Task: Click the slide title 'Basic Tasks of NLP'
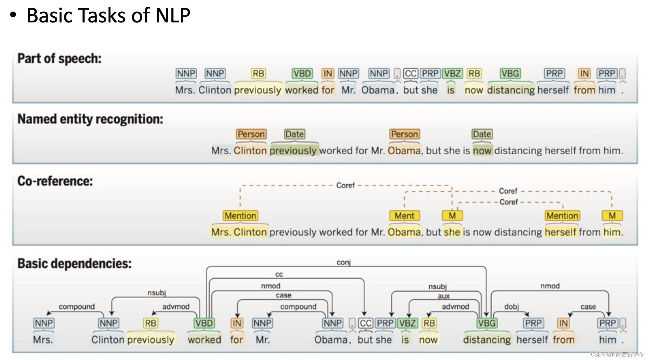pyautogui.click(x=108, y=15)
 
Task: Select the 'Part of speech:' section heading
pyautogui.click(x=59, y=59)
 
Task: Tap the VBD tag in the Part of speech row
pyautogui.click(x=302, y=73)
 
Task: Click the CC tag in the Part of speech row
pyautogui.click(x=411, y=73)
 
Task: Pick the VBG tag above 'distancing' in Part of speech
pyautogui.click(x=510, y=73)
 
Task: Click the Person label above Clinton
pyautogui.click(x=251, y=134)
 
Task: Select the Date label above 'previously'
pyautogui.click(x=294, y=134)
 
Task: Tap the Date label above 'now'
pyautogui.click(x=482, y=134)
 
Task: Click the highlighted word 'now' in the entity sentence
pyautogui.click(x=482, y=151)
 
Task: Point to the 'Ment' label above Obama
pyautogui.click(x=404, y=216)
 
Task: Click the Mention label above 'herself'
pyautogui.click(x=562, y=216)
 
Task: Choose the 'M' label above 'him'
pyautogui.click(x=612, y=216)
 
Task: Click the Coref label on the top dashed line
pyautogui.click(x=345, y=186)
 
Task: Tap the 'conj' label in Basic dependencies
pyautogui.click(x=344, y=262)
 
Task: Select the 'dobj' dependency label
pyautogui.click(x=512, y=307)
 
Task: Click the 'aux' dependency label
pyautogui.click(x=443, y=296)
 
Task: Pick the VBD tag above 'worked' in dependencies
pyautogui.click(x=204, y=323)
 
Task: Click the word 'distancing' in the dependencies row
pyautogui.click(x=487, y=340)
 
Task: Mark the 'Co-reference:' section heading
pyautogui.click(x=55, y=181)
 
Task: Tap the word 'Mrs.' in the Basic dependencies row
pyautogui.click(x=43, y=340)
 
